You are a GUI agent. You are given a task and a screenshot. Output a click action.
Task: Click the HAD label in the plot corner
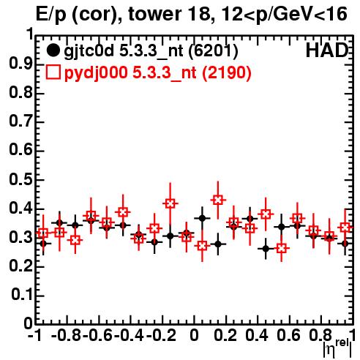[327, 50]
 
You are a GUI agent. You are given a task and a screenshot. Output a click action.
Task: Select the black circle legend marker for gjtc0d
[53, 50]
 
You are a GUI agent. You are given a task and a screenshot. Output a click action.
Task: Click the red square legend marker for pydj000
[53, 72]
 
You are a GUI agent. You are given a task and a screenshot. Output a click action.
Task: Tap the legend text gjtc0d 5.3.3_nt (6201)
[151, 51]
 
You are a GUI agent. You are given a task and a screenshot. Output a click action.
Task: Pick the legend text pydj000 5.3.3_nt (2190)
[157, 72]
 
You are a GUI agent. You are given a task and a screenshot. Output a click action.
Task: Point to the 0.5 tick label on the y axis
[21, 179]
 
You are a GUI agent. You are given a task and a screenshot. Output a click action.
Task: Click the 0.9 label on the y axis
[21, 64]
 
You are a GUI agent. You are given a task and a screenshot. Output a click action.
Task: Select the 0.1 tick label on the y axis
[21, 295]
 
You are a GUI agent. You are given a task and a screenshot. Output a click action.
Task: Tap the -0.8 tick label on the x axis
[67, 335]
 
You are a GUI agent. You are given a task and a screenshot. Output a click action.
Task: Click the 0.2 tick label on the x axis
[225, 335]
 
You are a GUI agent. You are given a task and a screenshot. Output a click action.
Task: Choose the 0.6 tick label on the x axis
[289, 335]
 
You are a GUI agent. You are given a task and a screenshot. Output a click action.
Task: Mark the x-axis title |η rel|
[337, 348]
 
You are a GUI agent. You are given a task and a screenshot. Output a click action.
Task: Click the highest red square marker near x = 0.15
[218, 200]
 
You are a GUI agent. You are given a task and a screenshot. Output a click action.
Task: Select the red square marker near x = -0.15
[170, 203]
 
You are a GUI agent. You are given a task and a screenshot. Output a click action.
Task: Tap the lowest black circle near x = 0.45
[266, 249]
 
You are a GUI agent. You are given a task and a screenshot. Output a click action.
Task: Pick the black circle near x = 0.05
[202, 218]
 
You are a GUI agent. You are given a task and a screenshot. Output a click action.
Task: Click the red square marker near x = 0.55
[282, 248]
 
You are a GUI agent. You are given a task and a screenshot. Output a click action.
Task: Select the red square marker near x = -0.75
[75, 240]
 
